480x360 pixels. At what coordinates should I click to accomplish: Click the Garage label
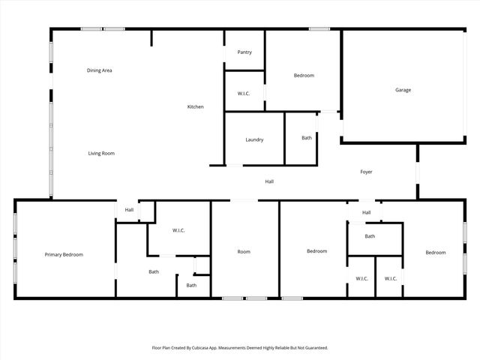(403, 90)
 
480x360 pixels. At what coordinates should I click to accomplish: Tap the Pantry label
(244, 52)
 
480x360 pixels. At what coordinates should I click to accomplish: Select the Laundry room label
(254, 139)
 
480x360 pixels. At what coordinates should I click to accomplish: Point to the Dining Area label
(100, 70)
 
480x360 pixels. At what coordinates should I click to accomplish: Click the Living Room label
(101, 153)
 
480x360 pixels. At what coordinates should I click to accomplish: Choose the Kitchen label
(195, 106)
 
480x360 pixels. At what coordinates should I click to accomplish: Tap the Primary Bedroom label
(64, 255)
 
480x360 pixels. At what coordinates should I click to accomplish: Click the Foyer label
(366, 172)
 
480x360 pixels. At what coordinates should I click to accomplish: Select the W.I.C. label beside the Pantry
(244, 93)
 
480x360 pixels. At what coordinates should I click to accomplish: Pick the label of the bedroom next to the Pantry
(304, 75)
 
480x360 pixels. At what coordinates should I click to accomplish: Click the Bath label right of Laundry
(307, 137)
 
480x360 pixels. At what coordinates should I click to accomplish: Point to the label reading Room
(244, 251)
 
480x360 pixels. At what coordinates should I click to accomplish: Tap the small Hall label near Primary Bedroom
(129, 210)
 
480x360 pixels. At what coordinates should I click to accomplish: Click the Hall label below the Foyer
(366, 212)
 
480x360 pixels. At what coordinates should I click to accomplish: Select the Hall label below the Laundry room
(269, 181)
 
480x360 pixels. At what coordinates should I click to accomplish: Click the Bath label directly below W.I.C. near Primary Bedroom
(154, 271)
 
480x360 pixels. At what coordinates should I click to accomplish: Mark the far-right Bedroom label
(436, 252)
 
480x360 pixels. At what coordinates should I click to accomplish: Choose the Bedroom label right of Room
(316, 251)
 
